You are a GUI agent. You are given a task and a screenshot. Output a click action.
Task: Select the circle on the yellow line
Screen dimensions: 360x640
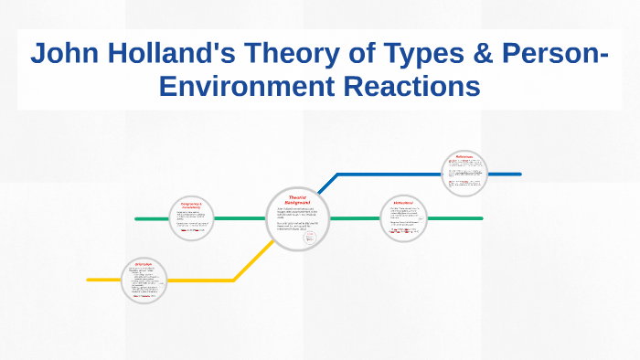[144, 280]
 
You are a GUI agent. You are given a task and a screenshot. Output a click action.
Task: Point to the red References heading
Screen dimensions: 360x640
[464, 157]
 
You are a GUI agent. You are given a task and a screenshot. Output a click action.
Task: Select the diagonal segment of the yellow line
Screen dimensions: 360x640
[251, 261]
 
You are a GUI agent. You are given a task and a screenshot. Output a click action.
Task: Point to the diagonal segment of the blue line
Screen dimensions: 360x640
[328, 183]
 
